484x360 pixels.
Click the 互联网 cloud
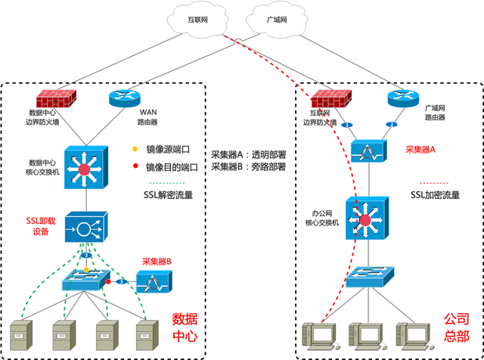(x=197, y=21)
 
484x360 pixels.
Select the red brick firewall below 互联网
(x=56, y=98)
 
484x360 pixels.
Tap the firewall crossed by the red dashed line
(x=331, y=98)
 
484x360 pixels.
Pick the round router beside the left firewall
(x=125, y=98)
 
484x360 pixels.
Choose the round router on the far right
(x=402, y=98)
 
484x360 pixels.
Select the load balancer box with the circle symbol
(x=86, y=228)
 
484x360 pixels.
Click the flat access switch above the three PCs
(x=368, y=279)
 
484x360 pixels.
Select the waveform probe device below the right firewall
(x=369, y=152)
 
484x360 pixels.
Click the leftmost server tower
(x=20, y=334)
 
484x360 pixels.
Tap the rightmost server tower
(x=147, y=334)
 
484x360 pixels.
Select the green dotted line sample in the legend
(x=168, y=182)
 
